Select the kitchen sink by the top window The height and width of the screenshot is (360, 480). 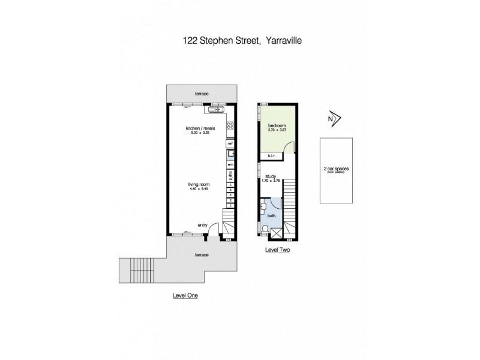coord(215,110)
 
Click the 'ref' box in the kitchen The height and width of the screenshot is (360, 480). coord(230,144)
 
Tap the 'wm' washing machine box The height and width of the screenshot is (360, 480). coord(230,164)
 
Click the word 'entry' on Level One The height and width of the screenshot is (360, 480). coord(202,225)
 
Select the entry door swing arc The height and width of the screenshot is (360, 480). coord(200,232)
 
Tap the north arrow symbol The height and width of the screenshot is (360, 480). coord(334,119)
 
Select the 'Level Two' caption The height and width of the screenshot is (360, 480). coord(277,250)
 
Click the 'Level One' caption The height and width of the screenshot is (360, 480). coord(185,295)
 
